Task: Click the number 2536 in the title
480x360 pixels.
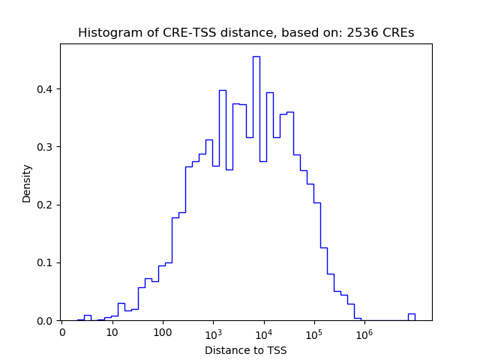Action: click(361, 33)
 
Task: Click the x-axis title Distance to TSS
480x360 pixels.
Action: click(245, 349)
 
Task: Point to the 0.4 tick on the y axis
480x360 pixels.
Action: click(46, 89)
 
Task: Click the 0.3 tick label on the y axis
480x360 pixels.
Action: click(46, 147)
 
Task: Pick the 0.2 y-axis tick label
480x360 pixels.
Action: click(46, 205)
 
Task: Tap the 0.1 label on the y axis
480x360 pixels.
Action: click(46, 262)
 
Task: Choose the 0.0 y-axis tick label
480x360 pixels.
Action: click(46, 321)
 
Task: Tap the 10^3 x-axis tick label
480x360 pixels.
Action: click(213, 332)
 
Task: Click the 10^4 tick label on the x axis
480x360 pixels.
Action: click(263, 332)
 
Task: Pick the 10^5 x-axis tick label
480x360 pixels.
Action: click(313, 332)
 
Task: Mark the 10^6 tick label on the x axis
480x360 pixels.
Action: click(364, 332)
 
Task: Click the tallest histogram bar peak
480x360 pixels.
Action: click(256, 58)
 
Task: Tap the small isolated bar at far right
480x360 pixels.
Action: click(411, 316)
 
